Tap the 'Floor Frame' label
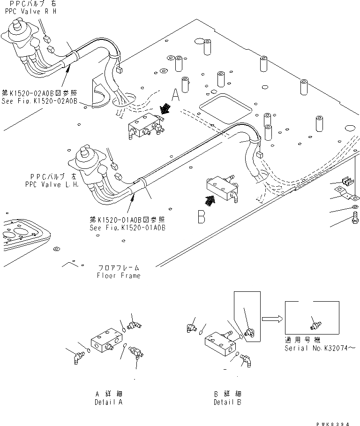[x=118, y=275]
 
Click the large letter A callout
[x=175, y=96]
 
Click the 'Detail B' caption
[x=227, y=402]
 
